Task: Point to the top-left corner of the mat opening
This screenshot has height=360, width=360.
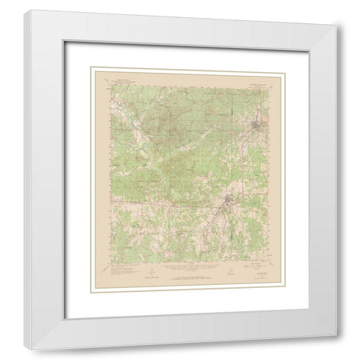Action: pyautogui.click(x=90, y=66)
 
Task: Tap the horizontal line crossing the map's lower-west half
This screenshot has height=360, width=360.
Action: pyautogui.click(x=150, y=201)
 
